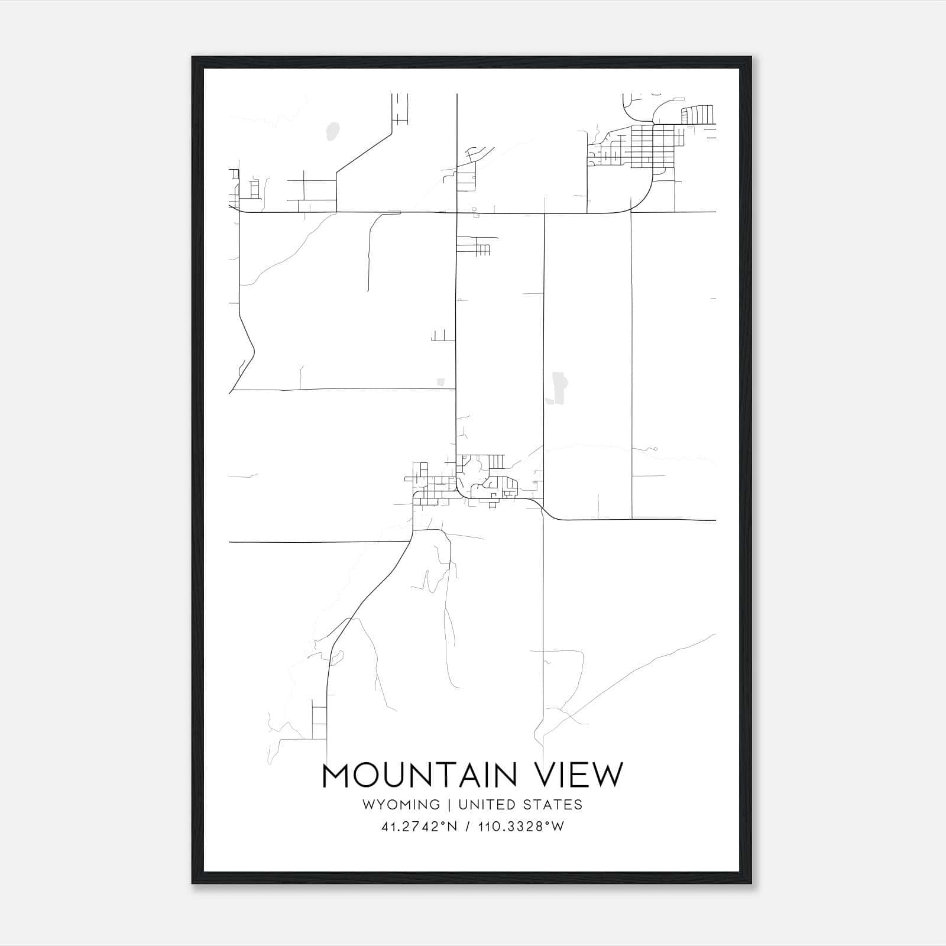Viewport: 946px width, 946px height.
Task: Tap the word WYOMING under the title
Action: (x=401, y=805)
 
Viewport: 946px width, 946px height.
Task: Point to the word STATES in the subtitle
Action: (x=553, y=805)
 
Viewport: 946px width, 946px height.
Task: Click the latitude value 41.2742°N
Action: (x=419, y=827)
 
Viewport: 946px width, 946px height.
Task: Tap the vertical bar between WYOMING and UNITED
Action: (x=449, y=805)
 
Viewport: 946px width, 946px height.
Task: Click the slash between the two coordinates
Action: (x=468, y=827)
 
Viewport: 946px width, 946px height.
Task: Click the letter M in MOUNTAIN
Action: (x=336, y=775)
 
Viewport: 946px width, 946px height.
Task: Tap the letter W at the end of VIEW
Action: (x=609, y=775)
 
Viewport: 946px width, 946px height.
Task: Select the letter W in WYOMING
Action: (x=368, y=805)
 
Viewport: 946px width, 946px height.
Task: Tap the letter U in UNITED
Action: (x=463, y=805)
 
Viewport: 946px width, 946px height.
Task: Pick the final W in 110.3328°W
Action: (x=558, y=827)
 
